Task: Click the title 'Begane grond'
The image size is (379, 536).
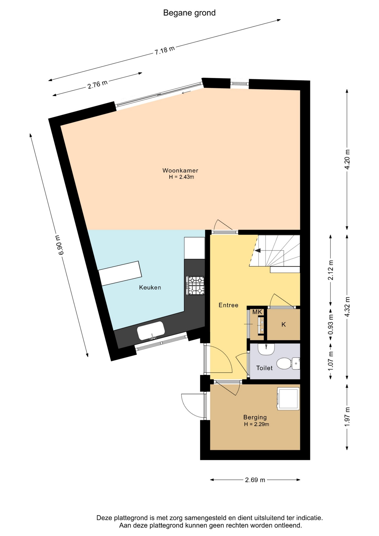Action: pos(189,13)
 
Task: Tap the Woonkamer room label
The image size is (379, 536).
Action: pos(180,170)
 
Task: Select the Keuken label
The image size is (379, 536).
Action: pos(150,287)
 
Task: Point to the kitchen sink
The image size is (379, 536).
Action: pos(151,331)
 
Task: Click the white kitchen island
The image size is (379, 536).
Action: pos(120,273)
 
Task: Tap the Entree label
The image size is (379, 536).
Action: pos(228,305)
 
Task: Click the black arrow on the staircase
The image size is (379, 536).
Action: pos(258,250)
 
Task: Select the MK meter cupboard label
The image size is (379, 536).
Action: pos(257,312)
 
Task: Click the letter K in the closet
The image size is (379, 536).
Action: pos(284,324)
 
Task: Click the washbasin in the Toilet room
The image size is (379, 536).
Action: pos(266,349)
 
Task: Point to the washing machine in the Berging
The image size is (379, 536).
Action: pos(288,399)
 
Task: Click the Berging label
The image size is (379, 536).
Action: pos(255,417)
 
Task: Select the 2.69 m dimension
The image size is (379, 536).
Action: pos(255,480)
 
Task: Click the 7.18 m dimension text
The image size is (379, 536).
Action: pos(165,50)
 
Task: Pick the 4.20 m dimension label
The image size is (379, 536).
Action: pos(347,159)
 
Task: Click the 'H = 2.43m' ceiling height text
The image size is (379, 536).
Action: pos(181,177)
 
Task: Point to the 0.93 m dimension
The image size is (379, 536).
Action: pos(331,325)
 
